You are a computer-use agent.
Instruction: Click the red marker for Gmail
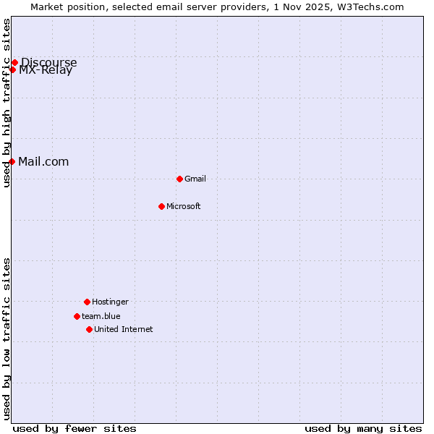coord(179,179)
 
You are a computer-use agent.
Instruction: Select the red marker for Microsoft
coord(161,206)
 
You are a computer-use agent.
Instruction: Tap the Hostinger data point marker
coord(87,302)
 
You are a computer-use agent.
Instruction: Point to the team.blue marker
coord(77,316)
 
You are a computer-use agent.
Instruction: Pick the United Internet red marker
coord(89,329)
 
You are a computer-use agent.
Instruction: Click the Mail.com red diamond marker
coord(12,161)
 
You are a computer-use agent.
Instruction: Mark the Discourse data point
coord(14,62)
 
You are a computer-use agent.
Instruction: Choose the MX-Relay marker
coord(12,69)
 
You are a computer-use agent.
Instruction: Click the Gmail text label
coord(195,179)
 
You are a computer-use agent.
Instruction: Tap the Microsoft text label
coord(184,206)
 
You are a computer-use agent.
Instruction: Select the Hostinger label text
coord(110,302)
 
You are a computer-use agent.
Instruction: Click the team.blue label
coord(101,316)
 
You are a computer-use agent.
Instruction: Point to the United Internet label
coord(124,329)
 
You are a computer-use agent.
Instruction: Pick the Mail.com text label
coord(43,161)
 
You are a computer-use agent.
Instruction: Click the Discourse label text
coord(49,61)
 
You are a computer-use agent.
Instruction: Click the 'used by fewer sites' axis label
coord(75,428)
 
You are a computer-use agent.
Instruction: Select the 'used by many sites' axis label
coord(363,428)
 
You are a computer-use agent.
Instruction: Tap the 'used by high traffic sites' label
coord(7,103)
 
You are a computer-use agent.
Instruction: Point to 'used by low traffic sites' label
coord(7,339)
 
